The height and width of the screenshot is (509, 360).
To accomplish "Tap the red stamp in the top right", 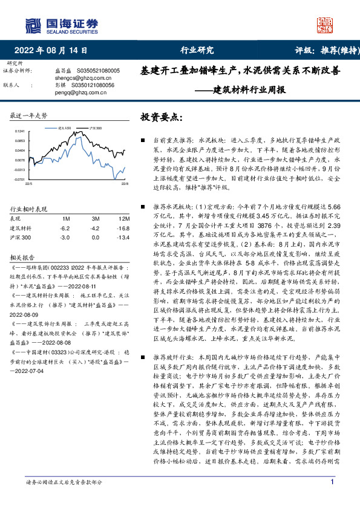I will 326,24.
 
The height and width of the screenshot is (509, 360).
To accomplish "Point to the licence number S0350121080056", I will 92,85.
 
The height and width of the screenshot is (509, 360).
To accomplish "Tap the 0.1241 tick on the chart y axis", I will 21,131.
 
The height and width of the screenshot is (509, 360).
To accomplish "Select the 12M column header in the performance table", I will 125,218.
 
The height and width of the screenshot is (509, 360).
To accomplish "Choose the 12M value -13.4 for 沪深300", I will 123,237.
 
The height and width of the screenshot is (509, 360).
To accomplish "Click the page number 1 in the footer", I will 333,499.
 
